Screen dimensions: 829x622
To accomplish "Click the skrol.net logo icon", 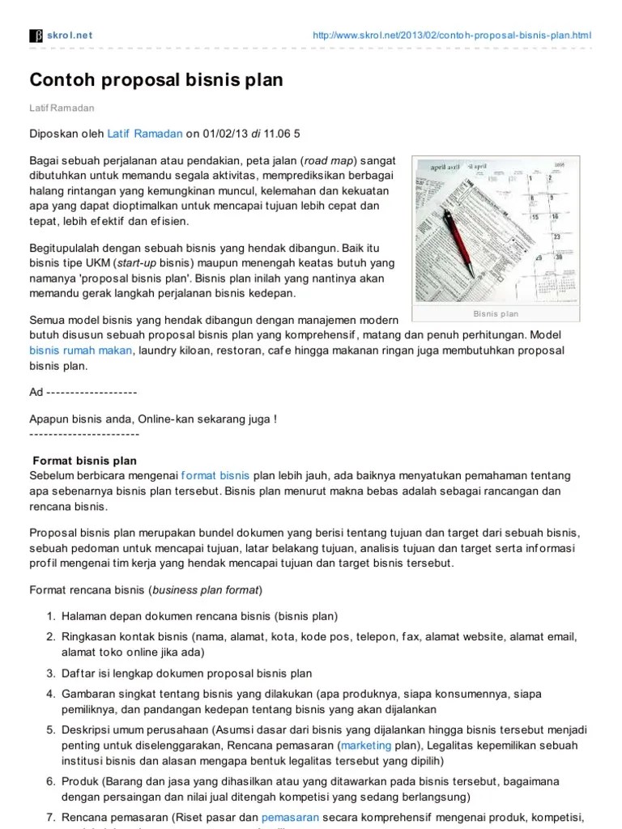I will coord(36,35).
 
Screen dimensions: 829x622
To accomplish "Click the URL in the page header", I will coord(452,35).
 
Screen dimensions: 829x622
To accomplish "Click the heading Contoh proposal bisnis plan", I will coord(156,80).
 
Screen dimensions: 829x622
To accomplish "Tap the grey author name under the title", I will coord(62,107).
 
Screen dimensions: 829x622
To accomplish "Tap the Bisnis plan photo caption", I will coord(496,313).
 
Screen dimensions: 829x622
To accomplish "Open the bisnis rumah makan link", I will coord(81,351).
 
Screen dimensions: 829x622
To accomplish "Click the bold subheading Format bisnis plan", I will coord(85,461).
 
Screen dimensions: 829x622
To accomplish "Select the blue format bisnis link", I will coord(215,474).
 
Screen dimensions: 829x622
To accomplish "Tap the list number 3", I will coord(50,674).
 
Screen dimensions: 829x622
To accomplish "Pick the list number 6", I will coord(50,780).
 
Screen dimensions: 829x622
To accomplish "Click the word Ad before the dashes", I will coord(36,392).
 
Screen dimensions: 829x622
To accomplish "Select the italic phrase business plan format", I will coord(207,589).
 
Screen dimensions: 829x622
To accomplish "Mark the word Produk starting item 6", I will coord(80,780).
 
